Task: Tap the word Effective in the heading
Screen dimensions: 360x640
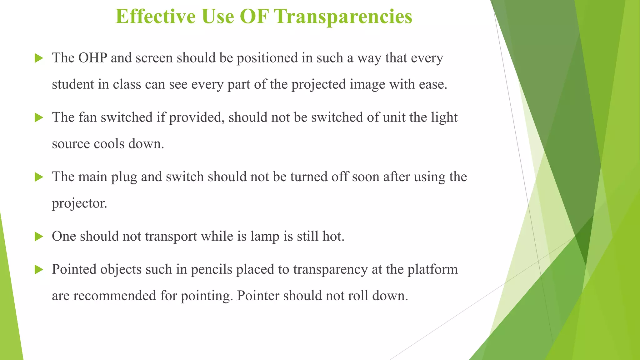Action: tap(156, 16)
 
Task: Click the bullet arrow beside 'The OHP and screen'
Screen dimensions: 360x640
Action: tap(39, 58)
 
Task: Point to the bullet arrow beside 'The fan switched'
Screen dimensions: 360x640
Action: tap(39, 117)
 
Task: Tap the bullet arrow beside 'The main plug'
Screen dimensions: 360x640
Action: tap(39, 177)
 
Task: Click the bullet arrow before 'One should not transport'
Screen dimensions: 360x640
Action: tap(39, 237)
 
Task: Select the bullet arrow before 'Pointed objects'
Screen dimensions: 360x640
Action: tap(39, 269)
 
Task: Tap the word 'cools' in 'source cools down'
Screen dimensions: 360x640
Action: tap(109, 144)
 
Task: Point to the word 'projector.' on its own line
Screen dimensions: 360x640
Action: tap(79, 203)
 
